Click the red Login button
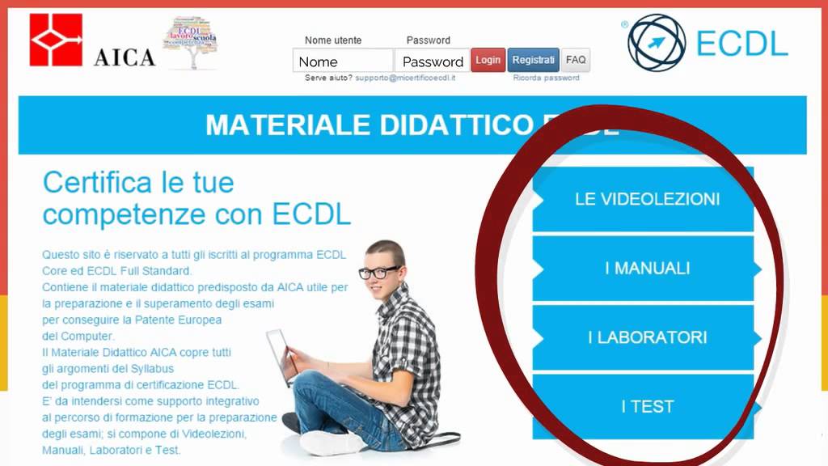point(488,60)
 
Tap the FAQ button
point(576,60)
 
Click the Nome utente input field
point(343,61)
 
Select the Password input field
point(433,61)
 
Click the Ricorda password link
point(546,78)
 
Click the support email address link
point(405,78)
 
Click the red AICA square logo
point(56,40)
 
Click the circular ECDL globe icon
point(657,42)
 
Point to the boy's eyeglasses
point(378,273)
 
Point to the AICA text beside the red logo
point(125,57)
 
